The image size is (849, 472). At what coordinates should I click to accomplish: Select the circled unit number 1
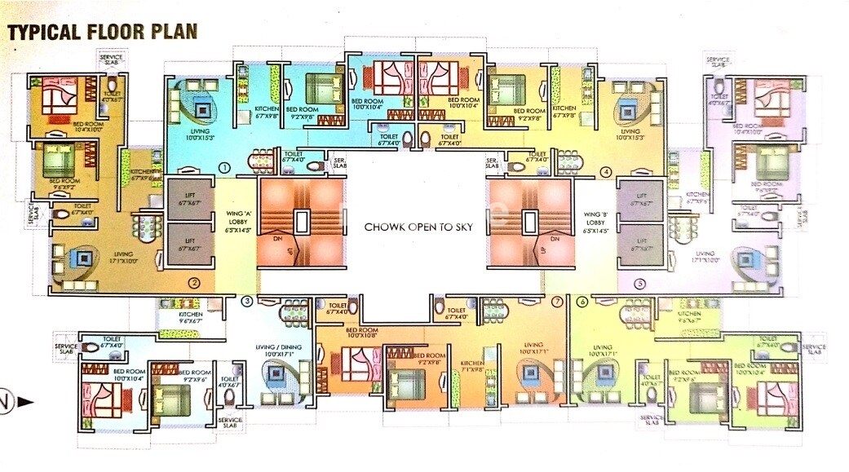point(223,167)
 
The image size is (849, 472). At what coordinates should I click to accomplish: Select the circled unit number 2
point(194,284)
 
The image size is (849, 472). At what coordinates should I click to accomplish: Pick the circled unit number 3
point(247,302)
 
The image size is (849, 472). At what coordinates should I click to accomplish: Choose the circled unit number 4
point(606,172)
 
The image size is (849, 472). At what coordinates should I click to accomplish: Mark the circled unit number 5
point(640,284)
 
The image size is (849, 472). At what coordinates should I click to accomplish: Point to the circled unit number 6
point(581,302)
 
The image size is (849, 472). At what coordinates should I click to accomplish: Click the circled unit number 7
point(557,302)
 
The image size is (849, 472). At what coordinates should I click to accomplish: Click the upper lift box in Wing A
point(190,198)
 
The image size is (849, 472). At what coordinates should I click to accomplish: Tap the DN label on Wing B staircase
point(555,240)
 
